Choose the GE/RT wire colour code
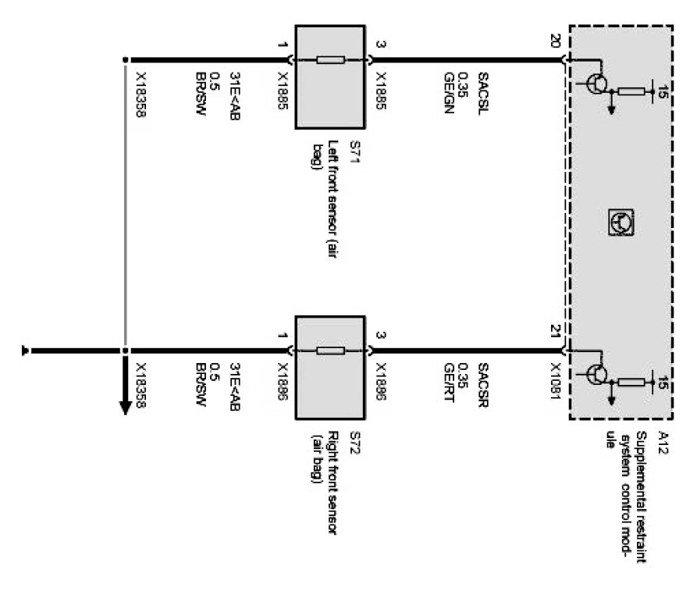[449, 382]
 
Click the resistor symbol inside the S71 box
[329, 59]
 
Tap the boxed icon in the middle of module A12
[621, 223]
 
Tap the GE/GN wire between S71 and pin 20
[468, 60]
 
